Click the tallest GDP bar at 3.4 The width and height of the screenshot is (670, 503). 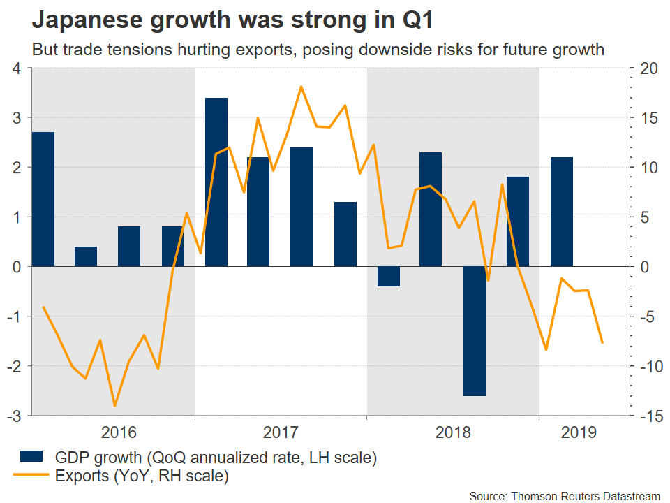coord(216,182)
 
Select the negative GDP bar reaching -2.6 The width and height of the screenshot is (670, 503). coord(475,331)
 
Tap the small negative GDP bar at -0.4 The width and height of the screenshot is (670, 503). coord(389,277)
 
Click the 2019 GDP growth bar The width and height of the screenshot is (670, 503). coord(561,212)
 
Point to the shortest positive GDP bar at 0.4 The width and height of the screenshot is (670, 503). coord(87,256)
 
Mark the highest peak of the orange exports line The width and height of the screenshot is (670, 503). coord(301,87)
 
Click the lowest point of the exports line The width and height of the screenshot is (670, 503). coord(114,405)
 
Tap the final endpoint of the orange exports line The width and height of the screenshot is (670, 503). coord(602,342)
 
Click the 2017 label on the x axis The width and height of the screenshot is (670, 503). coord(281,432)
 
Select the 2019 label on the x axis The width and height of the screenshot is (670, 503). coord(579,432)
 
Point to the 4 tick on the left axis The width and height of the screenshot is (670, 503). coord(16,68)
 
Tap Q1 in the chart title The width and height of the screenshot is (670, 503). coord(417,21)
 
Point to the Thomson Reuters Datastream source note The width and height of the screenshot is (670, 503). coord(565,495)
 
